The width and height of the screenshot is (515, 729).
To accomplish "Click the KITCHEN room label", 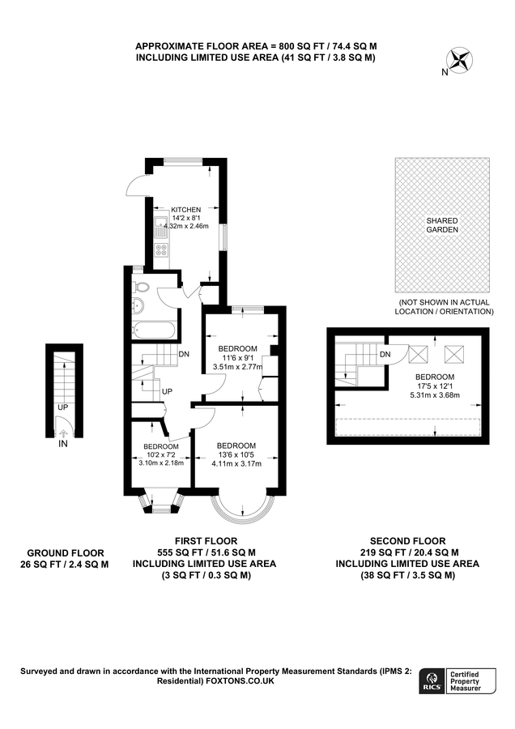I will [x=185, y=210].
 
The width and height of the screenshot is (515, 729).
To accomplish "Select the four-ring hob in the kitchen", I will [x=160, y=249].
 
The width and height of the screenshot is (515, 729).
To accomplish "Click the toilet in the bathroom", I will [x=141, y=286].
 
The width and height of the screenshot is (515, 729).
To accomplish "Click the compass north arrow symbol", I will [x=460, y=59].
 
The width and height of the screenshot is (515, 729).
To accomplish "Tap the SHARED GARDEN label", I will [x=442, y=225].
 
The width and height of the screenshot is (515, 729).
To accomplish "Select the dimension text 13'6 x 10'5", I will [x=236, y=455].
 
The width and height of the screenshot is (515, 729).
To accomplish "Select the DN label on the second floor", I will [x=385, y=354].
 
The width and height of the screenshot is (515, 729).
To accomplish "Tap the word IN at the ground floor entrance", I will [x=63, y=444].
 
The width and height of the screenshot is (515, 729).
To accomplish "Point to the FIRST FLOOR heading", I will [x=206, y=540].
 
